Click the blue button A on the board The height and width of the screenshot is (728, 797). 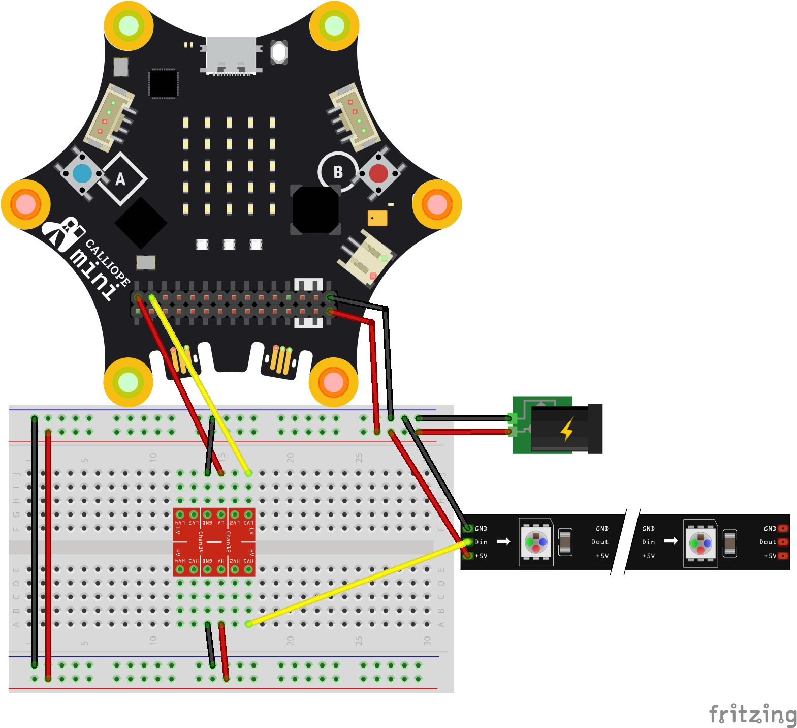click(x=82, y=174)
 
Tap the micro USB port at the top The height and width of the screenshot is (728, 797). click(x=231, y=55)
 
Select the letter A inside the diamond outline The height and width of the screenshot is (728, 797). click(x=120, y=179)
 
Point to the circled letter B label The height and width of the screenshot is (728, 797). click(x=338, y=172)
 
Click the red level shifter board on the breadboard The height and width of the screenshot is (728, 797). click(x=214, y=542)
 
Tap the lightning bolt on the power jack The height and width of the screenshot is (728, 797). click(x=567, y=428)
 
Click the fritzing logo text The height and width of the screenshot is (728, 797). click(x=753, y=714)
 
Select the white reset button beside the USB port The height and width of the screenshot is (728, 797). click(x=279, y=52)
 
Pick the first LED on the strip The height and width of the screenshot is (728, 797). click(x=536, y=542)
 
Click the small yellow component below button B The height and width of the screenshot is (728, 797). click(x=377, y=218)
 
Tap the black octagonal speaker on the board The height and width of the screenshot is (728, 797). click(x=315, y=209)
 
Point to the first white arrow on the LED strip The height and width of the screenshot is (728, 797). click(x=503, y=541)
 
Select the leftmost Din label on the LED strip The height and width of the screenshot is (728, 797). click(x=481, y=542)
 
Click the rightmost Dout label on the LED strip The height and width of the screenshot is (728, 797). click(x=768, y=542)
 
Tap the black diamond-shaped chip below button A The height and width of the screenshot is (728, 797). click(x=141, y=223)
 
